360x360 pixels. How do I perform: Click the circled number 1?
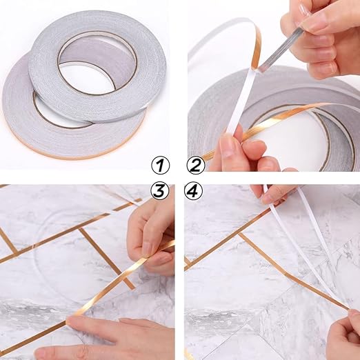click(160, 165)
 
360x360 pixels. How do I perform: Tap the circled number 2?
click(195, 165)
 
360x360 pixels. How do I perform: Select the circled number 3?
click(160, 191)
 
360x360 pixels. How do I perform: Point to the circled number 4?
click(194, 191)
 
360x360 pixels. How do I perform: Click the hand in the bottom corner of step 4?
click(343, 333)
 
